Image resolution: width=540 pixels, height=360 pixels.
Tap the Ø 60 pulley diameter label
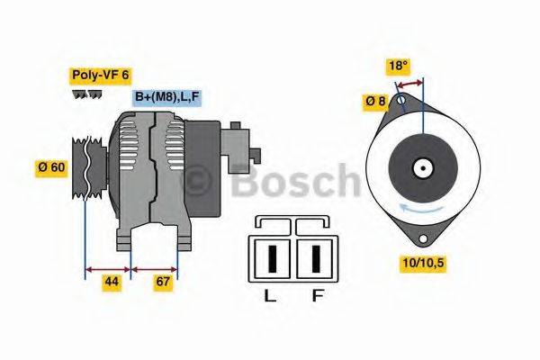coord(52,166)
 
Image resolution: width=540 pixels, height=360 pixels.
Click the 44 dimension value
coord(111,282)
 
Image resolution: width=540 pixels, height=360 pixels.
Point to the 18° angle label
coord(399,66)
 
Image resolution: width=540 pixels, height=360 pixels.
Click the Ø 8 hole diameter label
coord(376,102)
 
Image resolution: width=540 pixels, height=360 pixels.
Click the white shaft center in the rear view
coord(421,167)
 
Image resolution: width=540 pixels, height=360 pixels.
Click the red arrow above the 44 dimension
coord(108,267)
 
